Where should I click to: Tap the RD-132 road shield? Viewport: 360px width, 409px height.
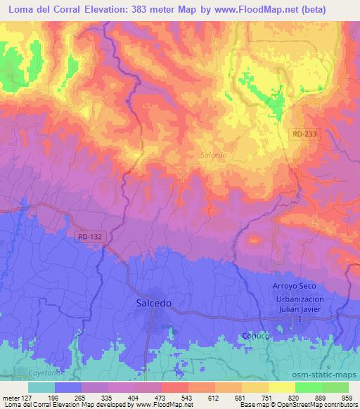[x=90, y=238]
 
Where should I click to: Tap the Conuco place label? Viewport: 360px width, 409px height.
[x=255, y=335]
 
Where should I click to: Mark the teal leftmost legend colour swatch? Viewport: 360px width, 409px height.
[x=41, y=387]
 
